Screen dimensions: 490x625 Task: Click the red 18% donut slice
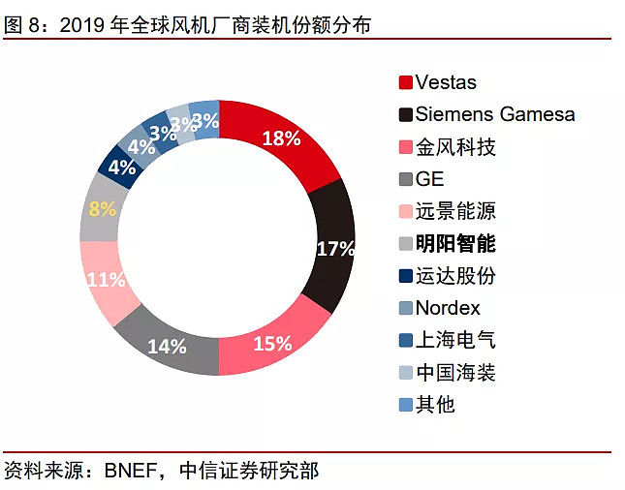tap(281, 139)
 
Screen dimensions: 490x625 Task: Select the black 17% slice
tap(334, 247)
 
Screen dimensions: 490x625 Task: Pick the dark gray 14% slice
tap(167, 344)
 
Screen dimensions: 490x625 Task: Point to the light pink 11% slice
tap(104, 280)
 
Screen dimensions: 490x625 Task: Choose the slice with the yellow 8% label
tap(101, 208)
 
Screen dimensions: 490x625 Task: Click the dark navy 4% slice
tap(121, 166)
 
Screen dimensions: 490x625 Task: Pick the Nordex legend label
tap(448, 308)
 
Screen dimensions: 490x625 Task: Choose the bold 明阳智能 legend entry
tap(455, 243)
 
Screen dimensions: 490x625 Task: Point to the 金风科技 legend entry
tap(455, 147)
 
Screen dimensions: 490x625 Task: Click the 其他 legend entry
tap(435, 405)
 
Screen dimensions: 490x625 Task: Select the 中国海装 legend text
tap(455, 373)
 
